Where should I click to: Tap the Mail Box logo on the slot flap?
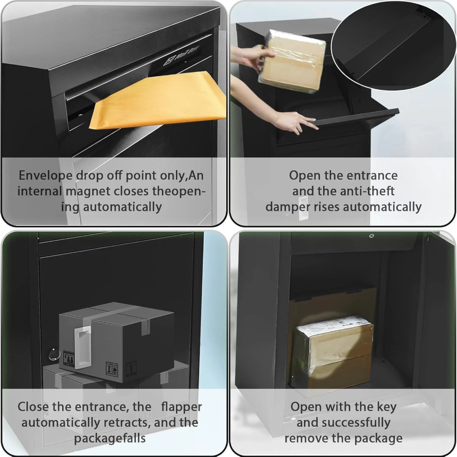click(181, 55)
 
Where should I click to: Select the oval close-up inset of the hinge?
click(394, 45)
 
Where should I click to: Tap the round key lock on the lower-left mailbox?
click(54, 354)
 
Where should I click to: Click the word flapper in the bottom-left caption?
click(181, 407)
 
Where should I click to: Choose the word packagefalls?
click(109, 438)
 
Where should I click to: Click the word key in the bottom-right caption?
click(386, 407)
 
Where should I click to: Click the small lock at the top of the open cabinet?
click(371, 236)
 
